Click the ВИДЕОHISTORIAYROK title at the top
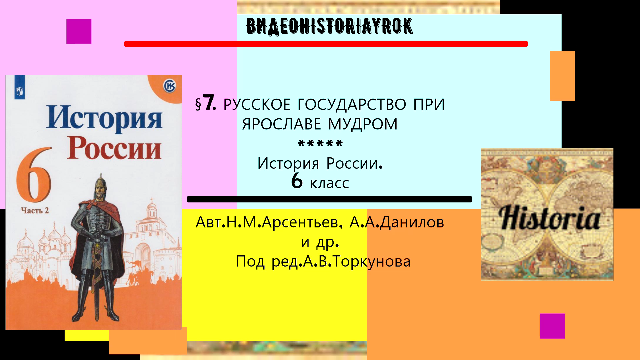pyautogui.click(x=329, y=26)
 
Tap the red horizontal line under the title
pyautogui.click(x=326, y=44)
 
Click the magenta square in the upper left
pyautogui.click(x=79, y=31)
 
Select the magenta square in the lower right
pyautogui.click(x=552, y=326)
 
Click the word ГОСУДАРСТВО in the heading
pyautogui.click(x=351, y=105)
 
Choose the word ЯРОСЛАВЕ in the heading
pyautogui.click(x=281, y=124)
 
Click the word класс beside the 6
pyautogui.click(x=329, y=183)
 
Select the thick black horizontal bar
pyautogui.click(x=329, y=199)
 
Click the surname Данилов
pyautogui.click(x=412, y=222)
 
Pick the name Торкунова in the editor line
pyautogui.click(x=372, y=262)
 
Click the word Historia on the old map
pyautogui.click(x=549, y=218)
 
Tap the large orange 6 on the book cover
pyautogui.click(x=34, y=175)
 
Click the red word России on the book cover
pyautogui.click(x=114, y=149)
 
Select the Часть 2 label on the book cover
pyautogui.click(x=35, y=211)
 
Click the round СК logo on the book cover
pyautogui.click(x=169, y=86)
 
